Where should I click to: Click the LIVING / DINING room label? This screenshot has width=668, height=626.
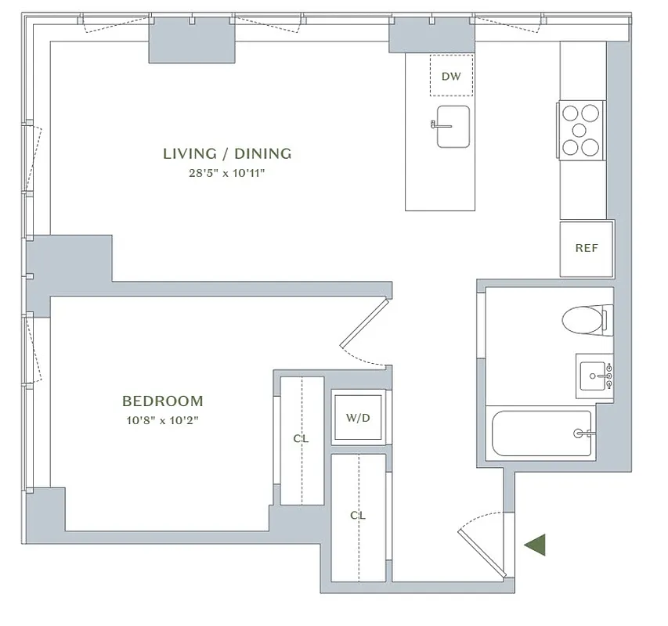pyautogui.click(x=227, y=153)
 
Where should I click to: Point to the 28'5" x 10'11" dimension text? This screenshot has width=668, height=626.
pyautogui.click(x=227, y=174)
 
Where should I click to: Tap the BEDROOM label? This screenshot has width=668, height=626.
pyautogui.click(x=162, y=401)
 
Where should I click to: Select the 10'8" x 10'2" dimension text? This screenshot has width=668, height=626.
pyautogui.click(x=162, y=421)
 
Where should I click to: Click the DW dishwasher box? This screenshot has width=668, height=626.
pyautogui.click(x=451, y=76)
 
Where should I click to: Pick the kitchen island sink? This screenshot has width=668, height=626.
pyautogui.click(x=453, y=126)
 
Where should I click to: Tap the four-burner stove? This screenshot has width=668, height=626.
pyautogui.click(x=581, y=130)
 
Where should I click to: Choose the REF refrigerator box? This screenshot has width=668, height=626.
pyautogui.click(x=587, y=249)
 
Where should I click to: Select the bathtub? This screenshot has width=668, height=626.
pyautogui.click(x=542, y=433)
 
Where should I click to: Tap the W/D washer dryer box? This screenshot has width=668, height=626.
pyautogui.click(x=358, y=418)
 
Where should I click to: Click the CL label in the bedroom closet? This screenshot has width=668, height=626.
pyautogui.click(x=301, y=439)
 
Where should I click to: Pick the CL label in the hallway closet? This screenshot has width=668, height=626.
pyautogui.click(x=358, y=516)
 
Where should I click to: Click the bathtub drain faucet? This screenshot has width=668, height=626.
pyautogui.click(x=582, y=433)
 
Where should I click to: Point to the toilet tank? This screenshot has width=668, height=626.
pyautogui.click(x=604, y=319)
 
